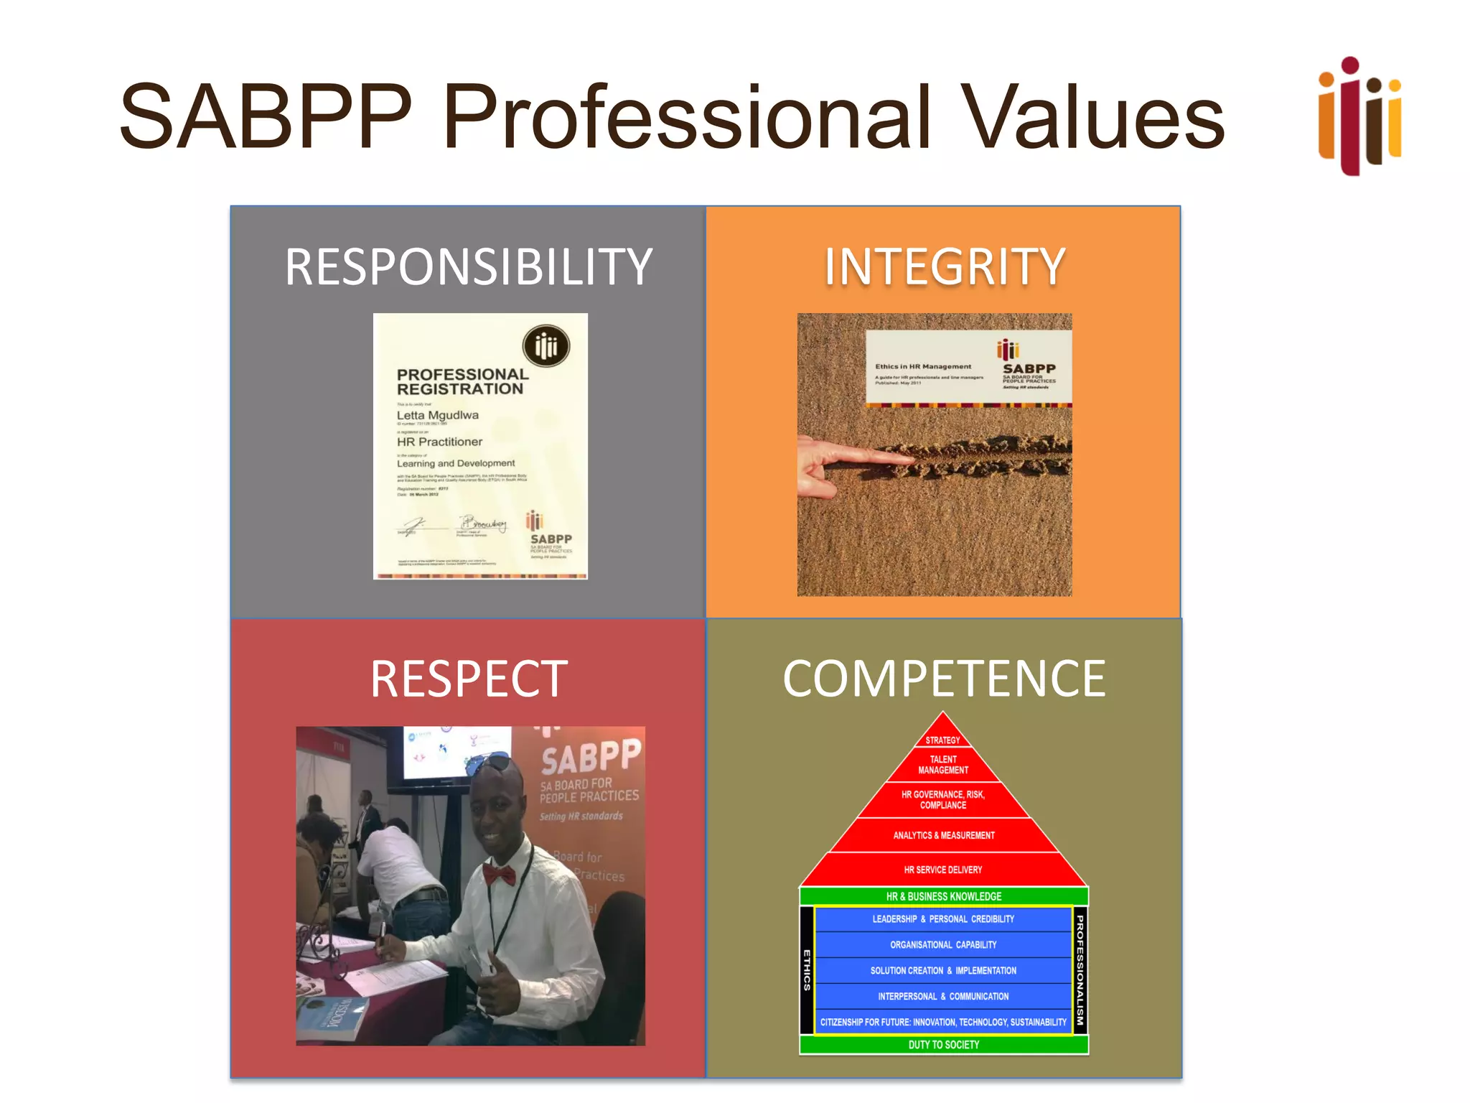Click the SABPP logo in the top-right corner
1359,116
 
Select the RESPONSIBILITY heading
468,267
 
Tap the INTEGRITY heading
944,267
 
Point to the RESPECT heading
468,679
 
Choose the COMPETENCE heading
944,679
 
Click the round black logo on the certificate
546,346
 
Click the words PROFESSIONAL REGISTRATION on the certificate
462,381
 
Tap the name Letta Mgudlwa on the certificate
437,415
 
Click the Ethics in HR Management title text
922,366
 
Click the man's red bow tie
499,875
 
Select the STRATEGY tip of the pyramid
942,738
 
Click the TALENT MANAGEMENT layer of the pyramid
942,765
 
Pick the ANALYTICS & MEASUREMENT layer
943,835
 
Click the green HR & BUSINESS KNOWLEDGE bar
943,896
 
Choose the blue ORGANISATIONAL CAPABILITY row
943,945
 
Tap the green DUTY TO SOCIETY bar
943,1045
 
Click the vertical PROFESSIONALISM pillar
1080,969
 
